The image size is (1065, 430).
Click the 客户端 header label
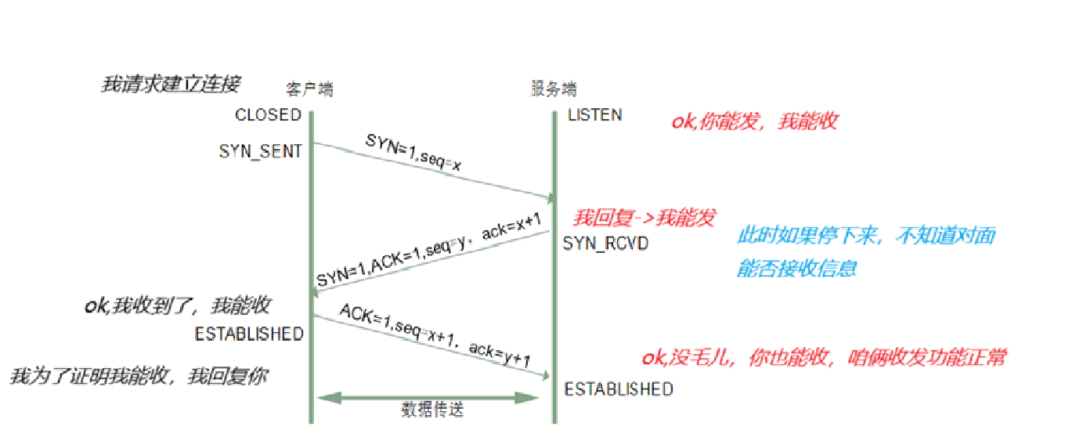tap(310, 89)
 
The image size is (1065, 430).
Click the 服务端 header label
tap(554, 89)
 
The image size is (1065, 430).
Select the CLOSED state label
tap(268, 115)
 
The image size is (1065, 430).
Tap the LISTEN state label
tap(594, 115)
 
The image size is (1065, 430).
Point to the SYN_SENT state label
tap(261, 152)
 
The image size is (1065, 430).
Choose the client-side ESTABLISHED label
tap(249, 334)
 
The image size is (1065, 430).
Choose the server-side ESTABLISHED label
tap(619, 389)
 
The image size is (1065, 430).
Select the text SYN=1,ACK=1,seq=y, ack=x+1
tap(429, 251)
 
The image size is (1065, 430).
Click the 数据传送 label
tap(430, 410)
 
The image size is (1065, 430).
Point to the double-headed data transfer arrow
tap(428, 398)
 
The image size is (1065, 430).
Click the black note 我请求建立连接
tap(171, 84)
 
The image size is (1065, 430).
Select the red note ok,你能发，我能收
tap(754, 121)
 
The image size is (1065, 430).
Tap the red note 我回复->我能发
tap(644, 218)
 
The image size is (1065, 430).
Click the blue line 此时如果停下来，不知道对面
tap(866, 236)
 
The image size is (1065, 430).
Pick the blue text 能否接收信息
tap(796, 269)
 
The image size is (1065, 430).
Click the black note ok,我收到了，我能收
tap(177, 305)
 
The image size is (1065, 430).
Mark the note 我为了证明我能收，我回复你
tap(139, 376)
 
